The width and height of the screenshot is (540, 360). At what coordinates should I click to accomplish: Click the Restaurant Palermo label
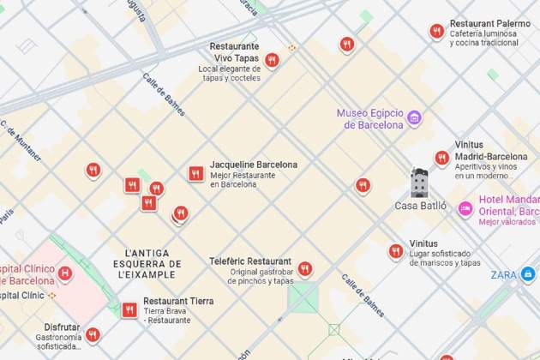(x=489, y=24)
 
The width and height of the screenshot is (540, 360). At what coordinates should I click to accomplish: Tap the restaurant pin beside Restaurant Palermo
(x=437, y=32)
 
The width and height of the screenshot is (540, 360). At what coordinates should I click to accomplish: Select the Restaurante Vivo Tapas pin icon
(x=272, y=59)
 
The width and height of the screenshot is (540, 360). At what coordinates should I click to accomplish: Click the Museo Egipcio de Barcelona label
(x=369, y=119)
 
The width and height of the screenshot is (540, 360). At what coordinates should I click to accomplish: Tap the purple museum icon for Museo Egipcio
(x=415, y=117)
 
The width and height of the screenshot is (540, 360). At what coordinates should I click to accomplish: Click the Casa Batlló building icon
(x=419, y=183)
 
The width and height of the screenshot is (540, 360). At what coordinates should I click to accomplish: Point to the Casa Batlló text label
(x=420, y=206)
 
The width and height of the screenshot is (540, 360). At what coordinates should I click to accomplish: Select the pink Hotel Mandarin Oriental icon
(x=465, y=208)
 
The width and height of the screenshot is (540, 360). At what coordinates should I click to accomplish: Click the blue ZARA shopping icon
(x=528, y=274)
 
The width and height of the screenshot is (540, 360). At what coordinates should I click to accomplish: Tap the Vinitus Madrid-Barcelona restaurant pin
(x=441, y=158)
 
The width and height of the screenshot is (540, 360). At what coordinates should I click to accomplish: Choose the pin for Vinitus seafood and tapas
(x=395, y=250)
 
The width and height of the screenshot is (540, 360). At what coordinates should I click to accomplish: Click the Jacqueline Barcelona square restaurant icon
(x=196, y=174)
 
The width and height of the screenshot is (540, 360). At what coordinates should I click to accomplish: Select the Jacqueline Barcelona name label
(x=254, y=165)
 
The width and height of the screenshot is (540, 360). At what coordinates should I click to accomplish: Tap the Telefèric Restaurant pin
(x=304, y=268)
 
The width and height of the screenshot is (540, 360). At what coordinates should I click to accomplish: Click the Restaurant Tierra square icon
(x=129, y=309)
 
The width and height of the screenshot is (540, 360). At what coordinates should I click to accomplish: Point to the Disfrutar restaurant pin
(x=93, y=333)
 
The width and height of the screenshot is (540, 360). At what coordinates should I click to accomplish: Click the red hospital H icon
(x=64, y=274)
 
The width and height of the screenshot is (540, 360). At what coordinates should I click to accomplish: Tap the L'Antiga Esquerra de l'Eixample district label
(x=153, y=263)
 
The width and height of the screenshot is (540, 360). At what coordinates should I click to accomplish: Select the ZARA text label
(x=503, y=275)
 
